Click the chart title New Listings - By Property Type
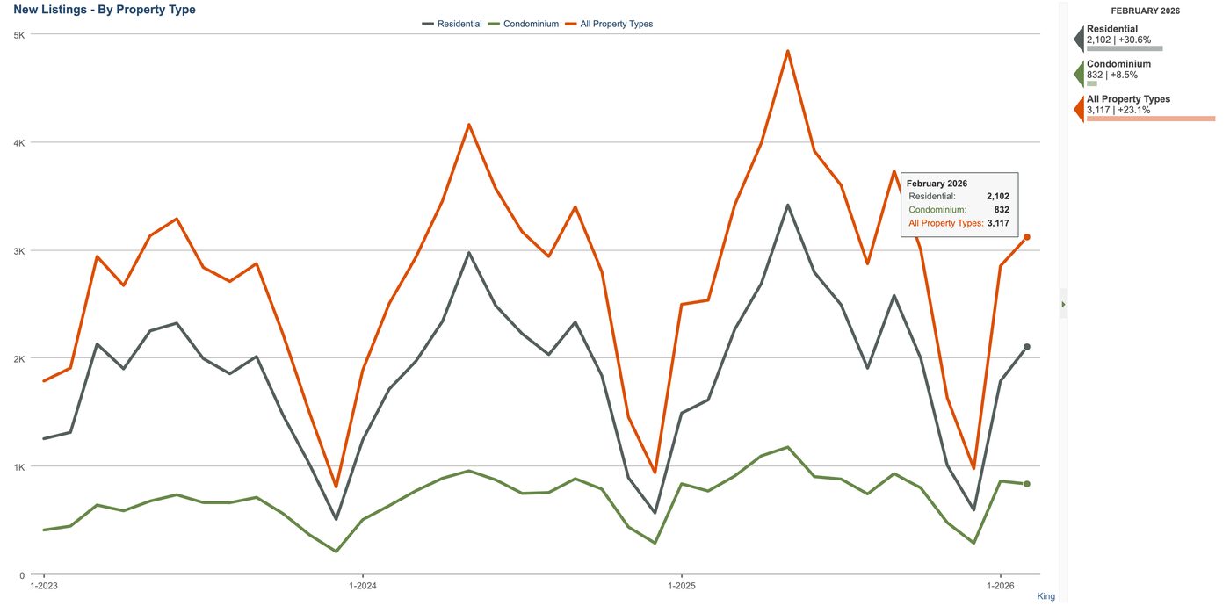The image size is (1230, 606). pos(105,10)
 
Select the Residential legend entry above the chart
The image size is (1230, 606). pos(452,25)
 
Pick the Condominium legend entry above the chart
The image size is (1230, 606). pos(524,25)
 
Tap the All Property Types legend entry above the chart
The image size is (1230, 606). pos(609,25)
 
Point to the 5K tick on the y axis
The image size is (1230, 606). pos(19,35)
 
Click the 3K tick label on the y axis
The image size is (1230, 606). pos(19,251)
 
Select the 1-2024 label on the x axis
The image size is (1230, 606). pos(363,586)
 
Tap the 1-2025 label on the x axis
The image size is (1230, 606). pos(682,586)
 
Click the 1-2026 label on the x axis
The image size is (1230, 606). pos(1001,586)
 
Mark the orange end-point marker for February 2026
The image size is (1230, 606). pos(1027,237)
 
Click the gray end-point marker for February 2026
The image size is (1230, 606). pos(1027,347)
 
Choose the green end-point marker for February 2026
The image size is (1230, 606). pos(1027,484)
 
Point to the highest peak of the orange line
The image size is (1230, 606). pos(788,51)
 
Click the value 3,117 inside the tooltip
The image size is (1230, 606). pos(998,223)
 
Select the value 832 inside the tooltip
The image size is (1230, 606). pos(1002,210)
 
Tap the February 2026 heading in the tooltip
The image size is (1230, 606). pos(937,184)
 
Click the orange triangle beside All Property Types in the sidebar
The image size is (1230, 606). pos(1080,109)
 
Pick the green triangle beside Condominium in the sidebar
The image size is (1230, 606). pos(1080,74)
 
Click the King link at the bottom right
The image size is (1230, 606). pos(1045,596)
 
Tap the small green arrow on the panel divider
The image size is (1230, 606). pos(1064,304)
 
